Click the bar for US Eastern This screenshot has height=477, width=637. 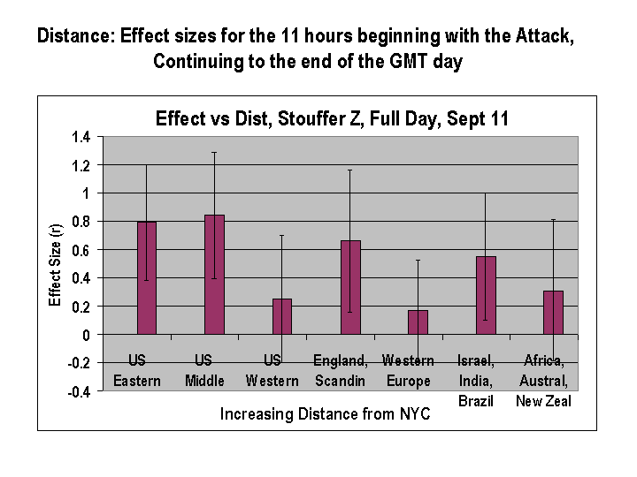click(x=146, y=277)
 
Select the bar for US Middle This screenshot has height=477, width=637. click(x=214, y=274)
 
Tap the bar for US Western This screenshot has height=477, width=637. click(x=282, y=316)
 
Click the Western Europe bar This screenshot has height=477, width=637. click(x=418, y=322)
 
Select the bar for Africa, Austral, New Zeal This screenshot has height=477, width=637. click(x=553, y=313)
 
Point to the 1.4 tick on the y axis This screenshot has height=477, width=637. click(x=81, y=137)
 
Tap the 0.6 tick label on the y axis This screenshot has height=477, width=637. click(x=81, y=250)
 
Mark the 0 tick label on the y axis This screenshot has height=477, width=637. click(x=87, y=335)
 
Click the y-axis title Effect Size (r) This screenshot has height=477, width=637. click(x=55, y=264)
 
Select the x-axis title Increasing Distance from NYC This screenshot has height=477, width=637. click(x=325, y=413)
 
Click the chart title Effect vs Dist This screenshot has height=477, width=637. click(x=332, y=118)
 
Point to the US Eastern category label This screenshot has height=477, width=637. click(x=137, y=371)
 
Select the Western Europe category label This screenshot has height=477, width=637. click(x=408, y=371)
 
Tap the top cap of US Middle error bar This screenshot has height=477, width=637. click(x=214, y=152)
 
